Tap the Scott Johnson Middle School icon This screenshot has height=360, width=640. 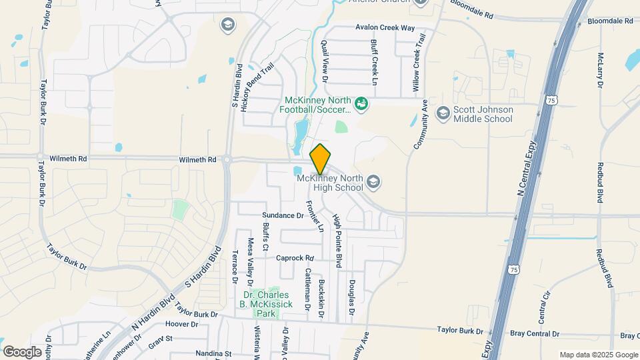click(443, 114)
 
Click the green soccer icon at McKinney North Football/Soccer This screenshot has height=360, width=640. click(361, 104)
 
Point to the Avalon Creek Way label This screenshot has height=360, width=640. click(385, 28)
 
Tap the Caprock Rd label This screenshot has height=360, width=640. click(295, 258)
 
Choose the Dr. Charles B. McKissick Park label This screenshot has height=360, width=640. click(267, 304)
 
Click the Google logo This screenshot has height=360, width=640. click(22, 351)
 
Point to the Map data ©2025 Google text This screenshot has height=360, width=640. click(598, 355)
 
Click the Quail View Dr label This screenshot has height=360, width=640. click(325, 59)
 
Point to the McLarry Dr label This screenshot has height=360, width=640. click(600, 70)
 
